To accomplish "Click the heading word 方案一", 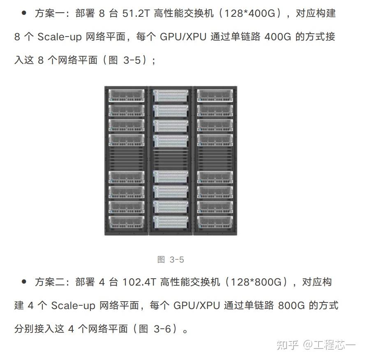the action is click(49, 14).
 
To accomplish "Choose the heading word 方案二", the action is click(49, 282).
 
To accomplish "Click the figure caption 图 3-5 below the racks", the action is click(171, 260).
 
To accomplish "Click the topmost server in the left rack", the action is click(126, 95).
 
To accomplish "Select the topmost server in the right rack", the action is click(215, 95).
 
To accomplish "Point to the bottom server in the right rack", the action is click(215, 222).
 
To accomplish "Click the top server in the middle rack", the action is click(171, 95).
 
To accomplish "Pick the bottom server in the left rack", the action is click(126, 222).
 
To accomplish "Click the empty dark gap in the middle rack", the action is click(171, 158).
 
